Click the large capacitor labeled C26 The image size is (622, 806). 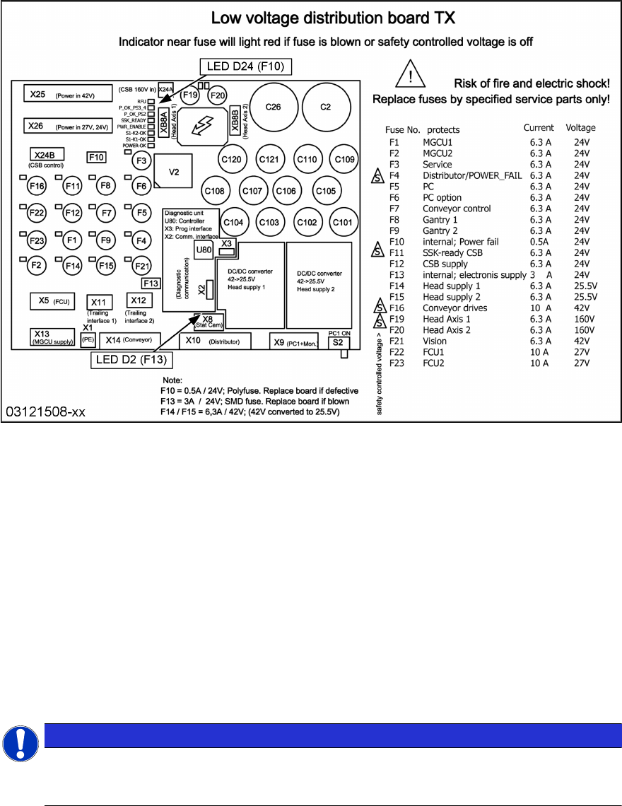pyautogui.click(x=273, y=107)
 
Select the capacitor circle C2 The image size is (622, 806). pyautogui.click(x=325, y=107)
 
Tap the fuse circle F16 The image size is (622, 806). pyautogui.click(x=36, y=186)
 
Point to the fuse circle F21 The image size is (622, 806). pyautogui.click(x=141, y=266)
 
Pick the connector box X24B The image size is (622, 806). pyautogui.click(x=45, y=154)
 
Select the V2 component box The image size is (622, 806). pyautogui.click(x=174, y=172)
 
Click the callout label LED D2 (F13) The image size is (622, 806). pyautogui.click(x=131, y=361)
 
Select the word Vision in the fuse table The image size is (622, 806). pyautogui.click(x=435, y=341)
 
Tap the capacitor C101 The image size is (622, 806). pyautogui.click(x=341, y=222)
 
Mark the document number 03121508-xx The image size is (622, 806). pyautogui.click(x=47, y=411)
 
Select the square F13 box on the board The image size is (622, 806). pyautogui.click(x=151, y=284)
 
